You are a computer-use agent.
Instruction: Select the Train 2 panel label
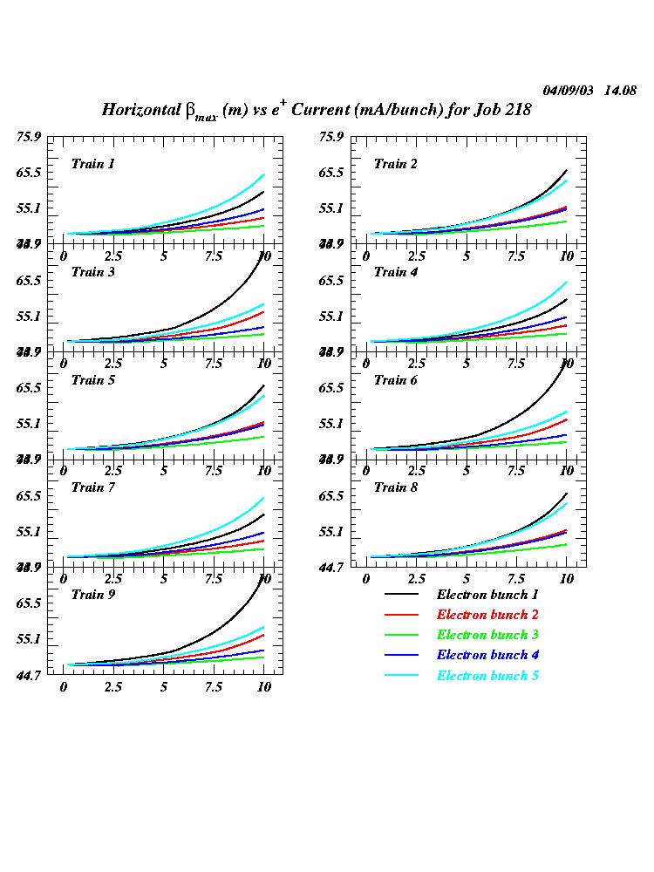(x=395, y=164)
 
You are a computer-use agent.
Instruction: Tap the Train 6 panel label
(x=395, y=379)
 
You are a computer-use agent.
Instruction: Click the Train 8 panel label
(x=395, y=487)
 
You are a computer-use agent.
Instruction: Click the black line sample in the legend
(x=402, y=595)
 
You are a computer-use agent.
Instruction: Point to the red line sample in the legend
(x=402, y=615)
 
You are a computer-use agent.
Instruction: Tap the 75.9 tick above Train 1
(x=29, y=136)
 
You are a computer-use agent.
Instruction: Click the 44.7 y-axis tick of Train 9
(x=29, y=674)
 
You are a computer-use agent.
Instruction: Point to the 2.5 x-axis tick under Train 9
(x=113, y=687)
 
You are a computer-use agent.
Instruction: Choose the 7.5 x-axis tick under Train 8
(x=516, y=579)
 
